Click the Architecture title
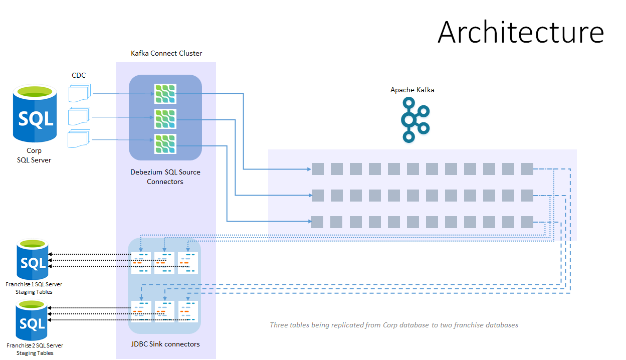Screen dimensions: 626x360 coord(521,32)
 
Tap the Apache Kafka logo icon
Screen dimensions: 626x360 coord(415,120)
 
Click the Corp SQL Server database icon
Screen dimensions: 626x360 coord(35,113)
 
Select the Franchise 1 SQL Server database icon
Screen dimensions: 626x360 coord(33,259)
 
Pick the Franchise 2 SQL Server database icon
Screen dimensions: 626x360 coord(31,320)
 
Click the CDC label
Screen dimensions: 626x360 coord(79,75)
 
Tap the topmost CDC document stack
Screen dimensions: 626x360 coord(80,93)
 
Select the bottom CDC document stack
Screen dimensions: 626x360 coord(79,138)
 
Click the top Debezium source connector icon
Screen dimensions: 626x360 coord(165,94)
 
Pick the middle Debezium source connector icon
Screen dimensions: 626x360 coord(165,119)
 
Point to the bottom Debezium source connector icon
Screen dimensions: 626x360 coord(165,144)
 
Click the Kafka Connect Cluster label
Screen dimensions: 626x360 coord(166,53)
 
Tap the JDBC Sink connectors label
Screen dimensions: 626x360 coord(165,344)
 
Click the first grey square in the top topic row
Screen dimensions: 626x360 coord(318,169)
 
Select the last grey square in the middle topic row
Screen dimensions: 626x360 coord(527,196)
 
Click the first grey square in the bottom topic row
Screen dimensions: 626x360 coord(317,222)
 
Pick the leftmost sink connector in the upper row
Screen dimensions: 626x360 coord(141,263)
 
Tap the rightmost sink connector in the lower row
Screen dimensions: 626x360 coord(188,311)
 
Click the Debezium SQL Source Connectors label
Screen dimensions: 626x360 coord(165,176)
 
